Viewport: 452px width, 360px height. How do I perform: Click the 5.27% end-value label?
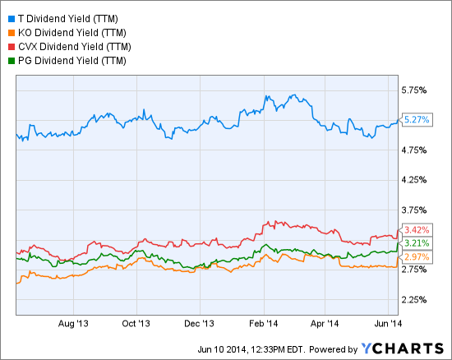[x=417, y=120]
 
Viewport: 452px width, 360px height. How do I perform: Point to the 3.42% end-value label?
[x=417, y=228]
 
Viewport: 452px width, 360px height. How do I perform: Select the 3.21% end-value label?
[x=417, y=243]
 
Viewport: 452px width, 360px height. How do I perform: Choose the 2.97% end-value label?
[x=417, y=257]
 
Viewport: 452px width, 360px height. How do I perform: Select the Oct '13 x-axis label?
[x=136, y=323]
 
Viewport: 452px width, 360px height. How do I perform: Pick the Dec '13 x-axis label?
[x=200, y=323]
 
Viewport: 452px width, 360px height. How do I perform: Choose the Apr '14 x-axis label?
[x=326, y=323]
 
